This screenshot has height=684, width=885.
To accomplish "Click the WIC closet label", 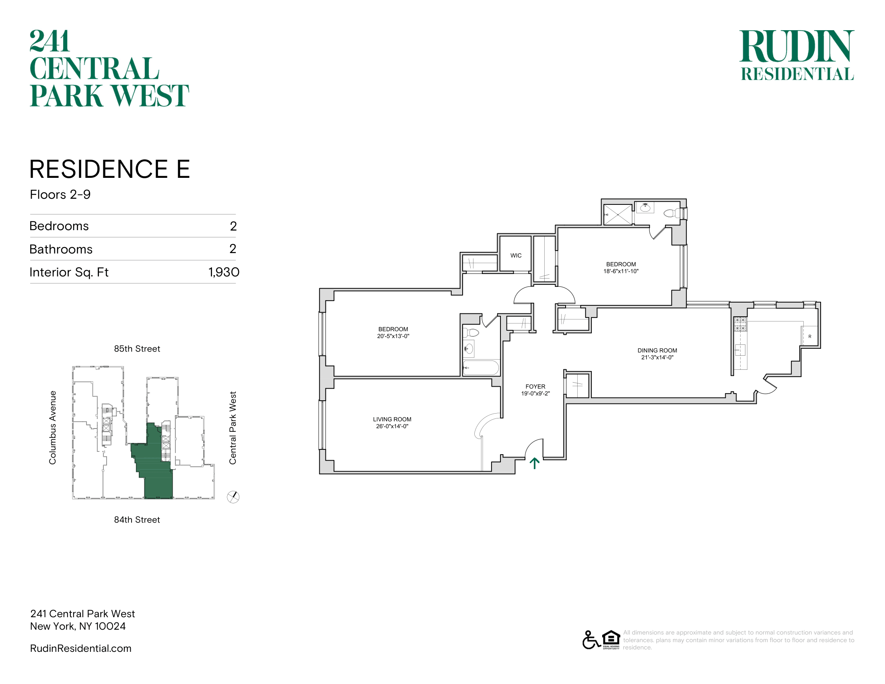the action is tap(516, 255).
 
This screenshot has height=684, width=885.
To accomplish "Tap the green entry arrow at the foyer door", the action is tap(535, 463).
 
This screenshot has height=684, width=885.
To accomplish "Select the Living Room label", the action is tap(392, 419).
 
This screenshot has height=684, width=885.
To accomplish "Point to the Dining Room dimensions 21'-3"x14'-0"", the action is tap(657, 357).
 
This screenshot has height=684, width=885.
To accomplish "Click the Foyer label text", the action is tap(535, 387).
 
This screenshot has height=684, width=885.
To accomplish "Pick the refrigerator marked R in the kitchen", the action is tap(810, 336).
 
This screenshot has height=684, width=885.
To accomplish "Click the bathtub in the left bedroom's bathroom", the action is tap(481, 367).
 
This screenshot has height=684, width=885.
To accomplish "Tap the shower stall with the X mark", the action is tap(617, 214).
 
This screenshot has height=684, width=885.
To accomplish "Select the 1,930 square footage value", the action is tap(224, 272).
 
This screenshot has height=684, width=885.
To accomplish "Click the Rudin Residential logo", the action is tap(796, 55).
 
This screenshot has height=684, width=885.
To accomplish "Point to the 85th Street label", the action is tap(137, 348).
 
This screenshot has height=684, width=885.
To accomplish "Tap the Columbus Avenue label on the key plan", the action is tap(53, 427).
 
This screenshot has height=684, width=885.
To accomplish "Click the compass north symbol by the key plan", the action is tap(233, 497).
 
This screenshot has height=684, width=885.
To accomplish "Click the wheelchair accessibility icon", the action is tap(591, 640).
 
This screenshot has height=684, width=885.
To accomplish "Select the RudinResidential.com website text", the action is tap(80, 648).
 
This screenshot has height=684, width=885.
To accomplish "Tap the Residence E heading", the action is tap(110, 169).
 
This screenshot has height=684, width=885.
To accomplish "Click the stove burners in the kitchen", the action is tap(740, 324).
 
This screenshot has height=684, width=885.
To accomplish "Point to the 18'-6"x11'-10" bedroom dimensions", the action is tap(621, 271).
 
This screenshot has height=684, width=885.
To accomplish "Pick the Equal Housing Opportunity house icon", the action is tap(611, 639).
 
